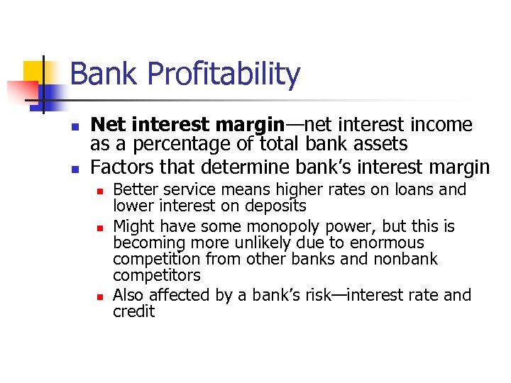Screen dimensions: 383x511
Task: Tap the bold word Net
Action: pos(106,125)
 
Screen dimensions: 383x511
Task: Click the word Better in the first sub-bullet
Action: pos(133,189)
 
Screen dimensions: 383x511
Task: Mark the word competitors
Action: pos(157,276)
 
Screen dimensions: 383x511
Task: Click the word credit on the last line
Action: pos(133,311)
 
